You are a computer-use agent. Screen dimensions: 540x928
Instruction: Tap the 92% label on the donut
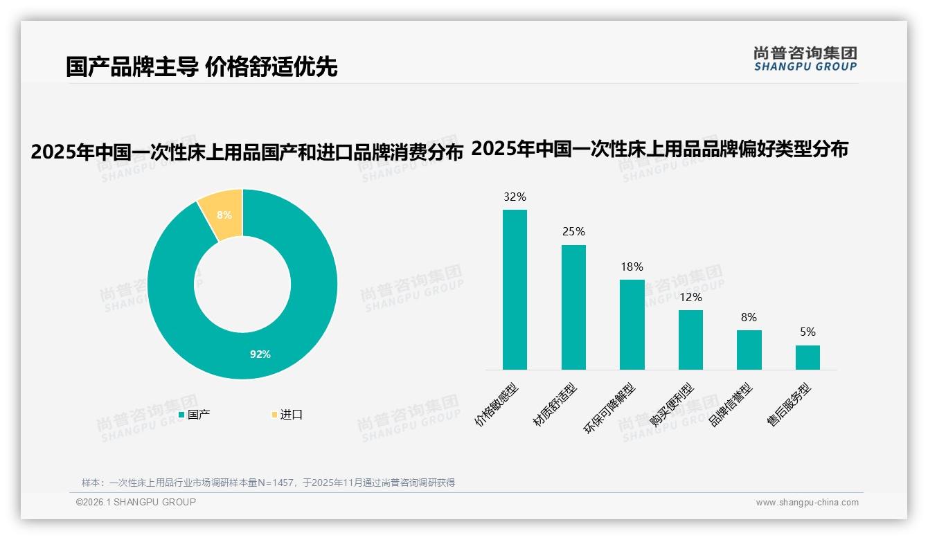pos(260,354)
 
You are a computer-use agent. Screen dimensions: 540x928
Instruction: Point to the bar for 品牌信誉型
pos(749,350)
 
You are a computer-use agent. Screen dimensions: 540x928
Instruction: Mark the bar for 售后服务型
pos(807,357)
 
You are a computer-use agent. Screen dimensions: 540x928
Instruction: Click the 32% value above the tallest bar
pos(515,197)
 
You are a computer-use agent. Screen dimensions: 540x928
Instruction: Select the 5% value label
pos(807,332)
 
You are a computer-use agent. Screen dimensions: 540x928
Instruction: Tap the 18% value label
pos(632,267)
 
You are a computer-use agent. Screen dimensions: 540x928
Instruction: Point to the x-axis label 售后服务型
pos(790,405)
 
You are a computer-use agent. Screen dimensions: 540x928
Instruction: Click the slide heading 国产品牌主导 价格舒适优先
pos(202,67)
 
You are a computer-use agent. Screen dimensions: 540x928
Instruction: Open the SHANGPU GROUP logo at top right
pos(805,58)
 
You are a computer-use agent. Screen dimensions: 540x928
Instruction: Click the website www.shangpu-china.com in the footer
pos(807,503)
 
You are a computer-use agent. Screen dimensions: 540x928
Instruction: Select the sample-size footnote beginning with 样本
pos(268,483)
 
